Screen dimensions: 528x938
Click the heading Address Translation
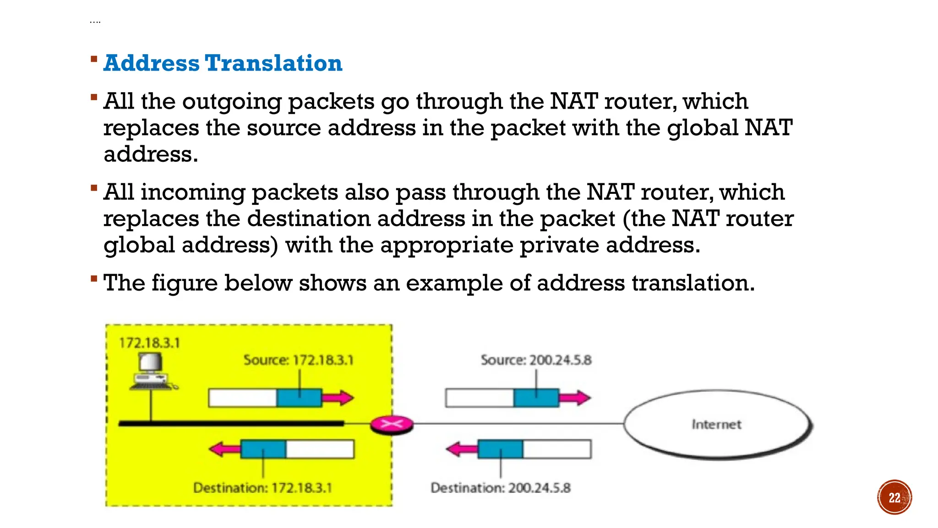click(x=223, y=63)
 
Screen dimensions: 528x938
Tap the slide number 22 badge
click(x=894, y=497)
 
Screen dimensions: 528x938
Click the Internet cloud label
click(x=716, y=424)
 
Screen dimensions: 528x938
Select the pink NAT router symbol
click(x=392, y=424)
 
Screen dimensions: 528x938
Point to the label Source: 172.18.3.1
click(x=298, y=360)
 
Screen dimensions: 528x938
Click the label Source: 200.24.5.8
click(x=536, y=360)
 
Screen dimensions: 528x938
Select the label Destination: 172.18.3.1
click(x=262, y=488)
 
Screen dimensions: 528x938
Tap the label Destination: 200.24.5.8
click(x=501, y=488)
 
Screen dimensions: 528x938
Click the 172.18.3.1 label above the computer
click(x=149, y=343)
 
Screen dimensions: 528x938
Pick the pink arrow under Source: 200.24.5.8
click(x=575, y=397)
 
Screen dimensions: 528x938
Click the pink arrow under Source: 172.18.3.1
click(x=338, y=397)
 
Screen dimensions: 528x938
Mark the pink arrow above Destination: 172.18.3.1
click(x=225, y=449)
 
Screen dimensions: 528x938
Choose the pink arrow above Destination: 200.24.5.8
click(x=462, y=449)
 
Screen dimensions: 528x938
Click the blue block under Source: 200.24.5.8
click(x=536, y=397)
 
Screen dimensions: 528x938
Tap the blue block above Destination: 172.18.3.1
click(x=263, y=449)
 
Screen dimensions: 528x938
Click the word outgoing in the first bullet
click(x=232, y=102)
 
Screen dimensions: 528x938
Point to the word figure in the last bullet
click(x=184, y=283)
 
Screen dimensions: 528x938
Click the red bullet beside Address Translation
click(x=94, y=59)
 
